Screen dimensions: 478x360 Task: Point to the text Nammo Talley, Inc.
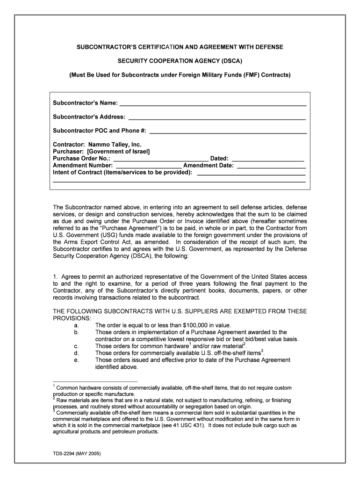(115, 145)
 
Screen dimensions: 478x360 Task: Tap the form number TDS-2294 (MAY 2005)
(77, 454)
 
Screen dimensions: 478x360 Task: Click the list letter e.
(76, 360)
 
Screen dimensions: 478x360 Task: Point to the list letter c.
(76, 346)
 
